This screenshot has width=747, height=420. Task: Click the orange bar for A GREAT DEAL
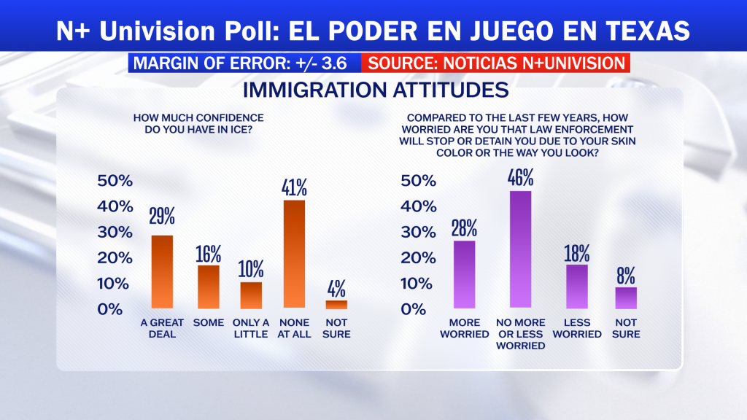(162, 271)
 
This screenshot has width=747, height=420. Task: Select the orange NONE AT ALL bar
(294, 254)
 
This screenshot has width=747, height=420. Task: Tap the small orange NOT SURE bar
(336, 305)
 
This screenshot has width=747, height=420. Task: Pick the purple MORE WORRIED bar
(464, 274)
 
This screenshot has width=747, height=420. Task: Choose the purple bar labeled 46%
(520, 249)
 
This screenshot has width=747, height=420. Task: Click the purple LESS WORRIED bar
(577, 287)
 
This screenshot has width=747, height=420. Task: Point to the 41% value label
(294, 187)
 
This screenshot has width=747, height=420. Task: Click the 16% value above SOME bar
(208, 254)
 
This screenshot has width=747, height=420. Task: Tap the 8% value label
(625, 276)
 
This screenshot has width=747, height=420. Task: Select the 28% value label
(464, 228)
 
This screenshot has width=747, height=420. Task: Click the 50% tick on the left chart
(115, 181)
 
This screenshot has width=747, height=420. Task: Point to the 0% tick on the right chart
(413, 309)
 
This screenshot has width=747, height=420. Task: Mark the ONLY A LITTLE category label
(251, 328)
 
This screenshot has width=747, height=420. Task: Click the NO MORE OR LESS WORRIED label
(520, 334)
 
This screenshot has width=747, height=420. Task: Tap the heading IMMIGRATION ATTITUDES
(376, 90)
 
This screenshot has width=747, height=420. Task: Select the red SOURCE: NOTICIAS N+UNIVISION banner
(495, 63)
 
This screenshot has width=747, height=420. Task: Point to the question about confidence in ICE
(198, 123)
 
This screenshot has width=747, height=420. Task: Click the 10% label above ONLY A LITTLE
(251, 270)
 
